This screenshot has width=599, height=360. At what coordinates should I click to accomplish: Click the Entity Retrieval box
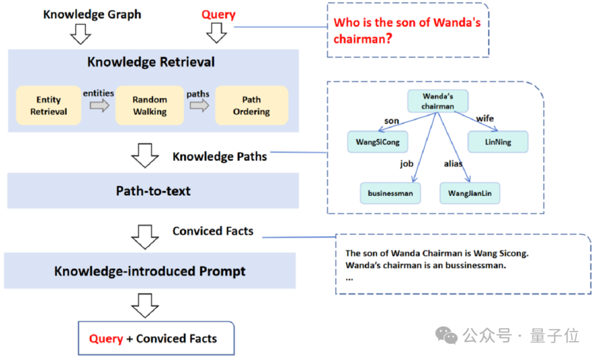point(48,105)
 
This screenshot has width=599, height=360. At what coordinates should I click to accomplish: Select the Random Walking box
point(149,105)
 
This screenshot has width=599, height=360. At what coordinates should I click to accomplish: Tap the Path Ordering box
point(251,105)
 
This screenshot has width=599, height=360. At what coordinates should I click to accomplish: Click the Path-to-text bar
point(153,191)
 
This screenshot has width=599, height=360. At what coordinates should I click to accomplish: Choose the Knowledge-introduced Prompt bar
point(150,271)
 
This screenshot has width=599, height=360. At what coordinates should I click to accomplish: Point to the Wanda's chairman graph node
point(438,101)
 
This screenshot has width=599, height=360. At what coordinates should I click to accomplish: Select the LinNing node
point(498,142)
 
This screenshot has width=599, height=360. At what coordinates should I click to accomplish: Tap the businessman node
point(390,193)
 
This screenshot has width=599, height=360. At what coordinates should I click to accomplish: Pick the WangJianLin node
point(470,193)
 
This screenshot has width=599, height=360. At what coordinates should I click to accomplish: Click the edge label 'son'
point(392,120)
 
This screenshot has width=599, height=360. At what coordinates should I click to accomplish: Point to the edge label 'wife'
point(485,118)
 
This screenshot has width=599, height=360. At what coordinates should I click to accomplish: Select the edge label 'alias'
point(453,164)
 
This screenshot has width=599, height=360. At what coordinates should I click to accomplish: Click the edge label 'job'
point(408,164)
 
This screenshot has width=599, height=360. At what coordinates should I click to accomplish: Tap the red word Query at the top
point(218,15)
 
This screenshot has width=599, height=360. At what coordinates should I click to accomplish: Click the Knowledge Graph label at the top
point(92,14)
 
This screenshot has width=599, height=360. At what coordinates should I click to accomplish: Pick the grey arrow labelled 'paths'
point(199,105)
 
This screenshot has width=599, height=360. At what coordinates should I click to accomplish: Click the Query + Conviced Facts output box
point(156,338)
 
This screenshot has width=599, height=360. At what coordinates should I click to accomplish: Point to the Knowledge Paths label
point(220,156)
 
